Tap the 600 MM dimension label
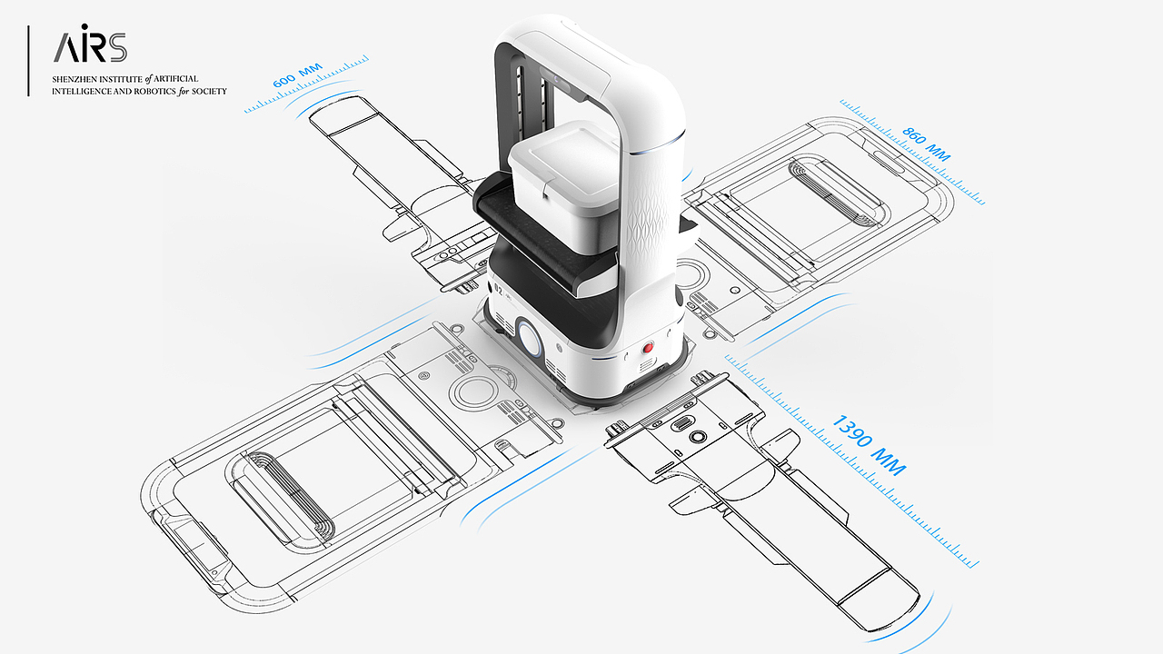click(x=297, y=75)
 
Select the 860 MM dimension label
click(x=926, y=144)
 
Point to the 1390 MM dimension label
click(x=870, y=445)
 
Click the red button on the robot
click(x=648, y=347)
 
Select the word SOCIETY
click(x=209, y=92)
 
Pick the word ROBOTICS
click(x=154, y=92)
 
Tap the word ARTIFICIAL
click(x=176, y=79)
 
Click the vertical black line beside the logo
click(x=28, y=61)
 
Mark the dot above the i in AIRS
click(x=85, y=26)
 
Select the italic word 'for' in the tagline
click(x=184, y=92)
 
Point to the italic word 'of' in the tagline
click(x=148, y=79)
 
